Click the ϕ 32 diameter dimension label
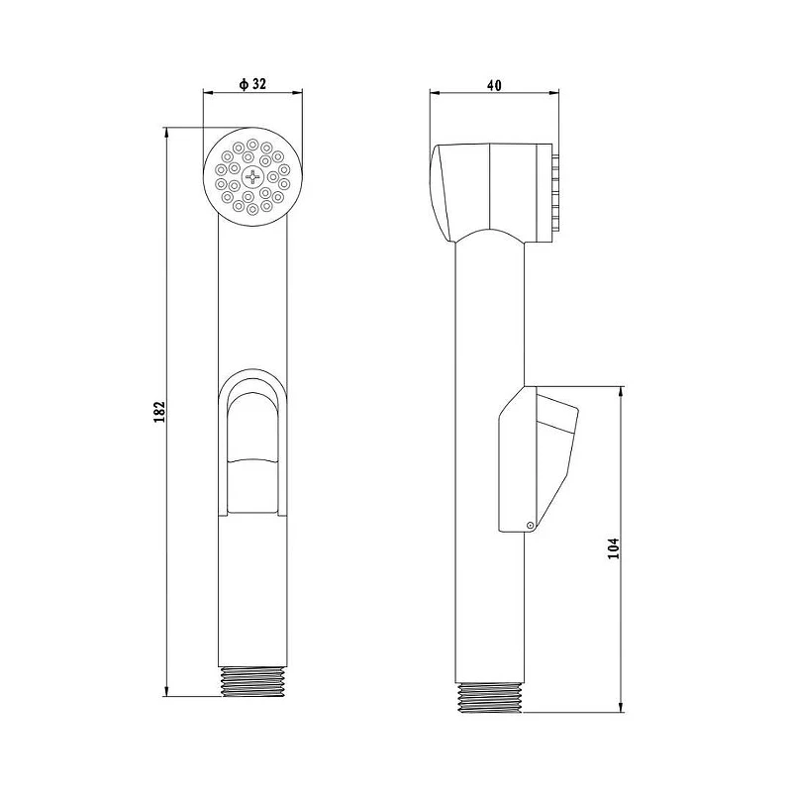(252, 83)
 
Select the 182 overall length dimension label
(159, 412)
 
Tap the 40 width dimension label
(494, 85)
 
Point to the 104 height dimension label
(613, 548)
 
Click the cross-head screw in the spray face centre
(252, 177)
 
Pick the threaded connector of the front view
(252, 682)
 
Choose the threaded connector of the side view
(489, 698)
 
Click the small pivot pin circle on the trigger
(530, 526)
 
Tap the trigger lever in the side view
(539, 458)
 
